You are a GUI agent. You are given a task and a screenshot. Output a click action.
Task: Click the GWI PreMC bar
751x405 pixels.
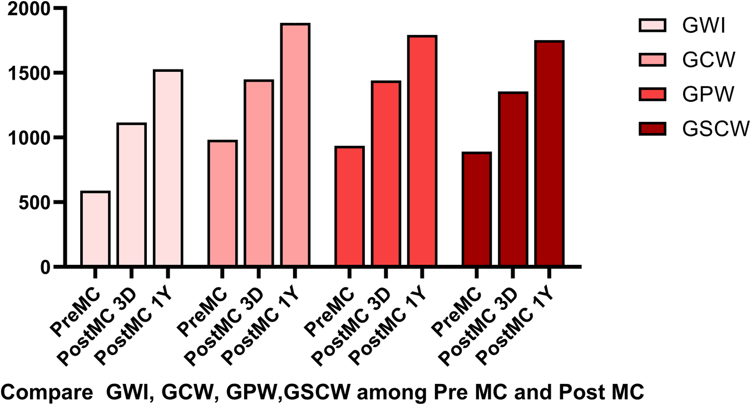point(95,229)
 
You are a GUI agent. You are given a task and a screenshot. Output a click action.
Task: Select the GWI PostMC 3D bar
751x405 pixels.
point(131,195)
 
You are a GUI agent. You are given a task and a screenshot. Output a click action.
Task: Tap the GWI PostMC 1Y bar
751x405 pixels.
point(168,168)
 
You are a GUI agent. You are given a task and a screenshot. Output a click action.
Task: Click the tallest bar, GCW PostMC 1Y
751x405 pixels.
point(295,145)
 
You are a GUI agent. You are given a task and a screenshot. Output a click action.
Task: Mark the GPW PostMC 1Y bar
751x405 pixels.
point(422,151)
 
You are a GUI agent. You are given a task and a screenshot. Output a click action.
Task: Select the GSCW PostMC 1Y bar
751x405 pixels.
point(550,154)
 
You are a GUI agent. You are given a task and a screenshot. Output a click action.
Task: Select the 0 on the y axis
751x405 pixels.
point(45,267)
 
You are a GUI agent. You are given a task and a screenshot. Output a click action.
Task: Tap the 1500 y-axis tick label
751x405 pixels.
point(28,73)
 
